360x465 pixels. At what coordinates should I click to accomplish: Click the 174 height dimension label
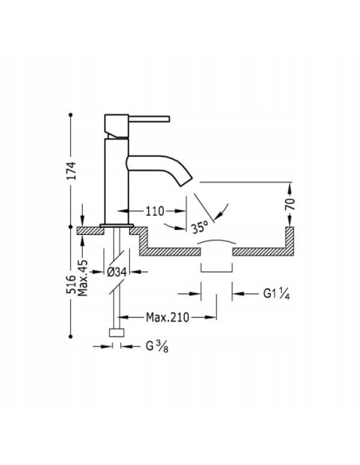(x=71, y=170)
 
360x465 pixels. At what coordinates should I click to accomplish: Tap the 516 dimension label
(x=71, y=285)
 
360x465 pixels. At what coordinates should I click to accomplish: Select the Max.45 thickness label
(x=83, y=278)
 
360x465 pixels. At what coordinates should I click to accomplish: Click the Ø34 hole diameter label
(x=116, y=272)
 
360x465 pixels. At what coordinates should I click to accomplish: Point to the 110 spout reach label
(x=155, y=211)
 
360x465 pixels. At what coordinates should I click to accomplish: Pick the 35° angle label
(x=199, y=228)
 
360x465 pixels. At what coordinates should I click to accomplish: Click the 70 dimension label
(x=291, y=204)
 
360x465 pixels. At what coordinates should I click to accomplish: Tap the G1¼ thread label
(x=276, y=294)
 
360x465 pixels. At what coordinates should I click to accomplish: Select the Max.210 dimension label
(x=167, y=318)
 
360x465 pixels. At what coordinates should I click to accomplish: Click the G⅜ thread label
(x=157, y=346)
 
